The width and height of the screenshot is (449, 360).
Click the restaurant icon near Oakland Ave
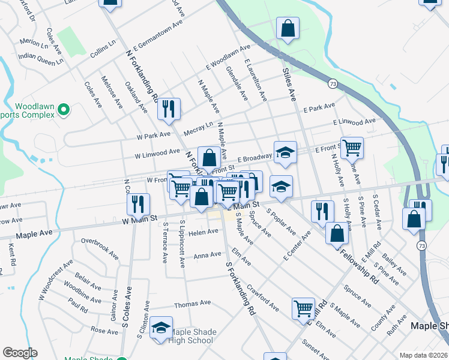click(169, 109)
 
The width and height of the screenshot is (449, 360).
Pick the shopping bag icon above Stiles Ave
click(288, 28)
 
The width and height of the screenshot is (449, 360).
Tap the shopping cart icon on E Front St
click(352, 147)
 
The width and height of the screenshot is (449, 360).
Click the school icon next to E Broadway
click(286, 153)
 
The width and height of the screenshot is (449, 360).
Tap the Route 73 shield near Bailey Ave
click(421, 246)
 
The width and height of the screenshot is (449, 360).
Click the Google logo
click(20, 353)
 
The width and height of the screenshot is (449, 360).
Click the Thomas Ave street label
click(192, 304)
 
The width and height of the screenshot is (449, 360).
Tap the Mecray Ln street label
click(200, 127)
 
